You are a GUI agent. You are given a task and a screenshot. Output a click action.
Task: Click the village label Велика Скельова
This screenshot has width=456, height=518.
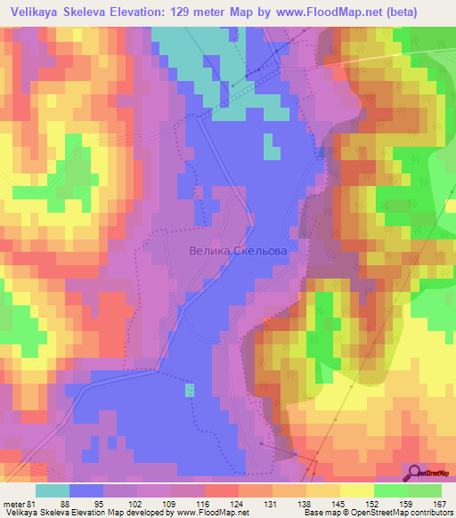click(x=238, y=252)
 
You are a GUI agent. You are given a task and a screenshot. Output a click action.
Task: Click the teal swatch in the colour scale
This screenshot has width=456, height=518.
click(x=53, y=490)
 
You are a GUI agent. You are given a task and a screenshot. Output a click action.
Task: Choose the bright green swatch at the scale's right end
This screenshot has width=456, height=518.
click(x=425, y=490)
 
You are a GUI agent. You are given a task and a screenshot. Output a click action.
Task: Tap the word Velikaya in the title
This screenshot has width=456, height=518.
click(x=37, y=10)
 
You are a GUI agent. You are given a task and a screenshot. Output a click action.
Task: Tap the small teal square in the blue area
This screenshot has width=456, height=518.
click(x=189, y=389)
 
